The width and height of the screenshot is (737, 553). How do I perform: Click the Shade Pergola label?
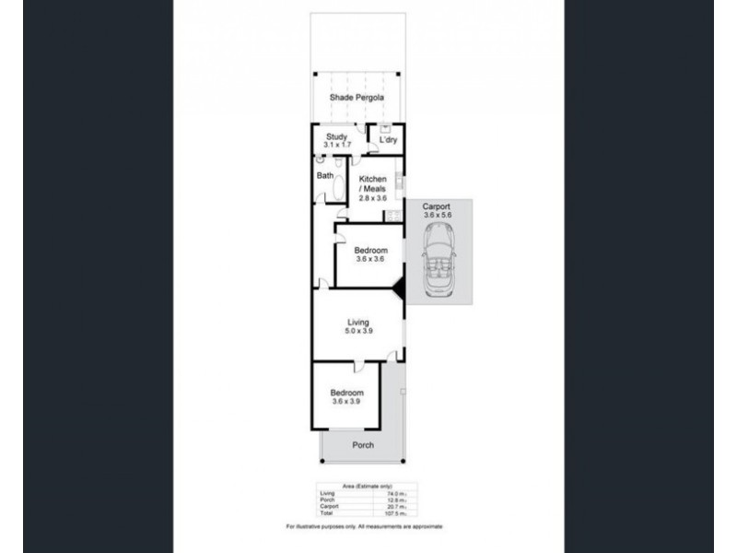tap(357, 98)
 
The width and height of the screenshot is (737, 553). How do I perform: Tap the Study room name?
tap(335, 137)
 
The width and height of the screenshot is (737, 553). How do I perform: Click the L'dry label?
tap(388, 140)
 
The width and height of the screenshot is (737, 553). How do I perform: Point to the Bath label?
tap(325, 175)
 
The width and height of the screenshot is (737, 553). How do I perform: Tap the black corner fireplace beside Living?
tap(398, 289)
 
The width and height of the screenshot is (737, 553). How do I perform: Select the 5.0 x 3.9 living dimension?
tap(357, 332)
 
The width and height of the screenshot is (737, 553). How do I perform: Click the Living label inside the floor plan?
tap(357, 323)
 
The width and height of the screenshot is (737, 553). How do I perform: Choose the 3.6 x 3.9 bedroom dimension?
tap(345, 402)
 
